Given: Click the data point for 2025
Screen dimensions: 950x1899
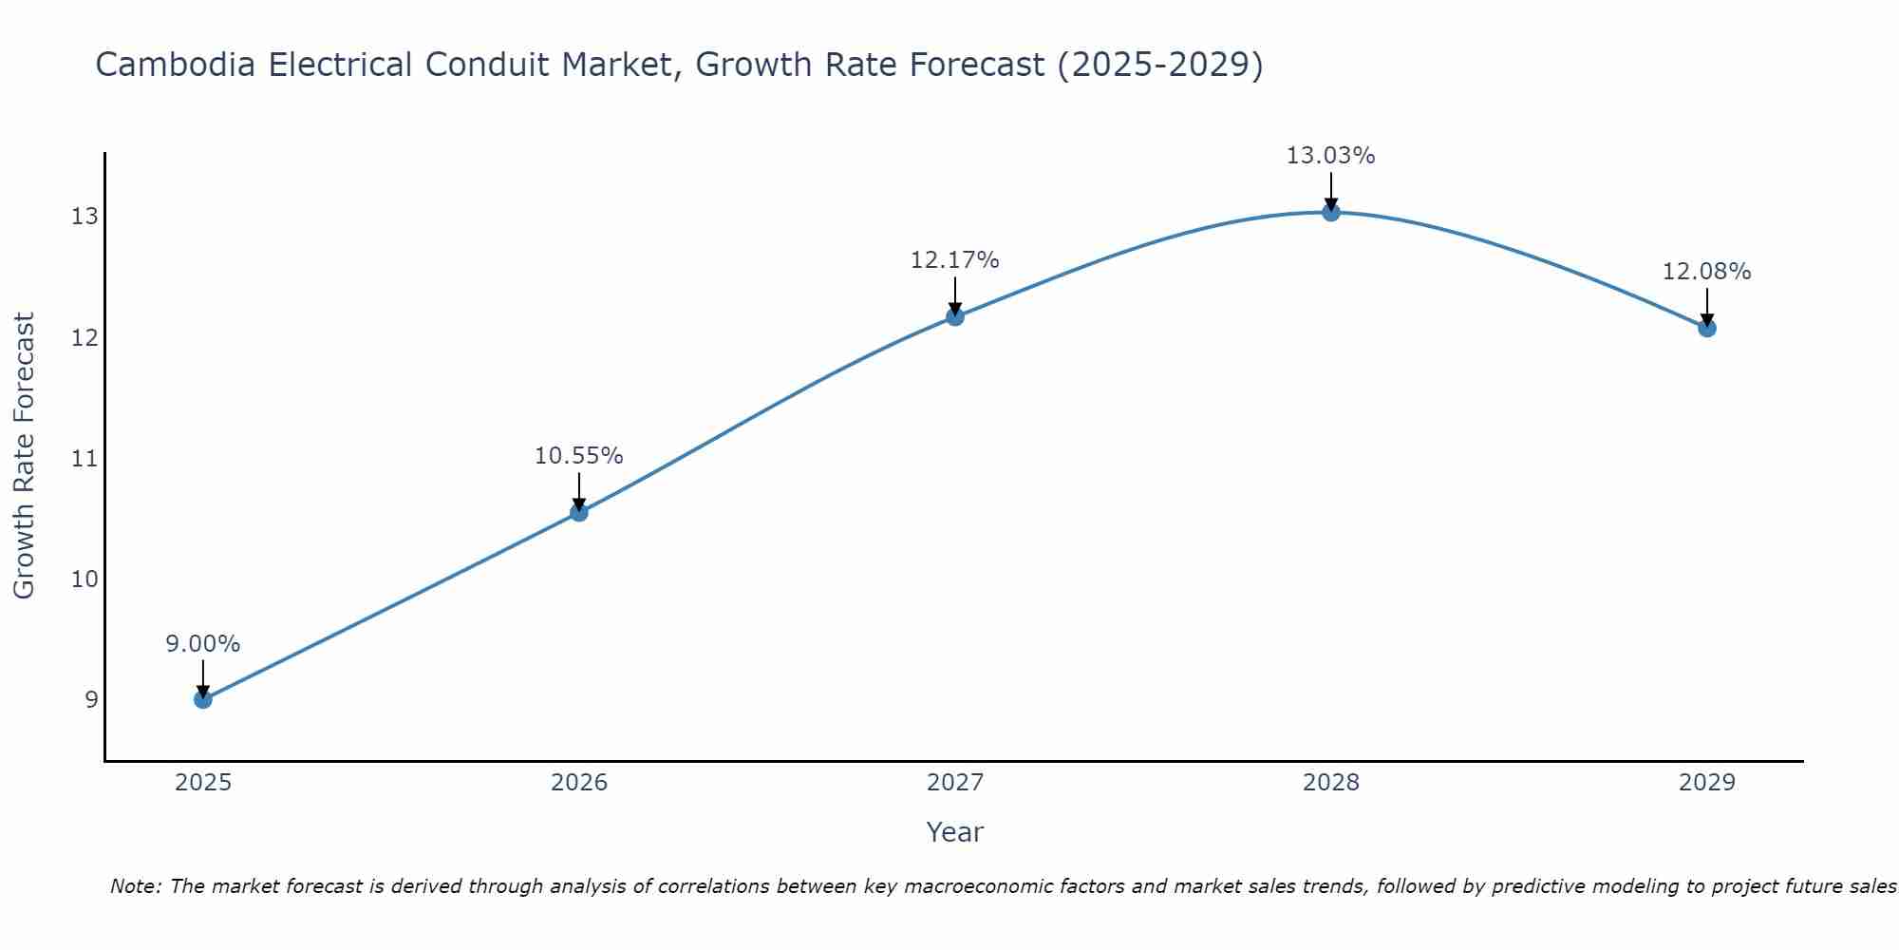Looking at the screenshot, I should click(x=203, y=699).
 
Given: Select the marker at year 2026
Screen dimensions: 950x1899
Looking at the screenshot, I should click(x=579, y=513).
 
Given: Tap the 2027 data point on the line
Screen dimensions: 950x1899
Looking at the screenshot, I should click(x=955, y=316).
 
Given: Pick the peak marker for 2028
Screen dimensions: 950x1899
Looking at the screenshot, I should click(x=1331, y=213).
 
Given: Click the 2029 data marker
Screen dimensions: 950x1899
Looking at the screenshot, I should click(x=1707, y=329).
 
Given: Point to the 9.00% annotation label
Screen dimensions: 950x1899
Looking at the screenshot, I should click(x=203, y=644).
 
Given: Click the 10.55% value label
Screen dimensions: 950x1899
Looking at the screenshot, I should click(x=579, y=456).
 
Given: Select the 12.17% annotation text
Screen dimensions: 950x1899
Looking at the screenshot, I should click(x=955, y=260).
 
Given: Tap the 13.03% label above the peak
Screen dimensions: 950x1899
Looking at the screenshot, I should click(x=1331, y=156).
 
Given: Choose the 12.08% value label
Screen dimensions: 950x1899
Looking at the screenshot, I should click(x=1707, y=272).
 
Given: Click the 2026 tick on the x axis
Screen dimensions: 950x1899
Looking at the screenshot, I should click(x=579, y=783).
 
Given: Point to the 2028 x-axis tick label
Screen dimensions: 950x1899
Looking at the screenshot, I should click(x=1331, y=783).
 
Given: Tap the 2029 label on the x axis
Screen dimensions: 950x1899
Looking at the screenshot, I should click(x=1707, y=783).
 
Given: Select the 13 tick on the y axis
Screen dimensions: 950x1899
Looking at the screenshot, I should click(x=85, y=217).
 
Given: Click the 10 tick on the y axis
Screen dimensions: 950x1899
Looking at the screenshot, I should click(x=85, y=579).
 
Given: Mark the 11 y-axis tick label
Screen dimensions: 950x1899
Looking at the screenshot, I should click(x=85, y=459).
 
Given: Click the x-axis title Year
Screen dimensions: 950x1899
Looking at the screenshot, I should click(x=955, y=832).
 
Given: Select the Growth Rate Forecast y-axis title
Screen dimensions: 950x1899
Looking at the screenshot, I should click(x=25, y=456).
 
